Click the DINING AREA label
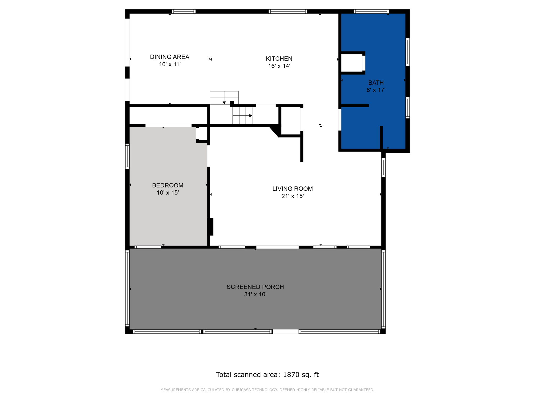pos(170,57)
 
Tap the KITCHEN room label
pos(279,59)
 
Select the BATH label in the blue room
pos(376,83)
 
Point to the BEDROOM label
pos(168,185)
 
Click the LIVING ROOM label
pos(292,189)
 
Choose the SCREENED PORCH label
pos(255,287)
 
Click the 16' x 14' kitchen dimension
pos(279,66)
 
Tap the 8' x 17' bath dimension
pos(376,90)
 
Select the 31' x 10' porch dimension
pos(255,294)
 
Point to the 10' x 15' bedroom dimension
pos(168,193)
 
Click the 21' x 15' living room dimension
pos(292,196)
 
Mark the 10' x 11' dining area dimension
pos(170,64)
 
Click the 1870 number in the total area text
pos(291,375)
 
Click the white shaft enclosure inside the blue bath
pos(352,63)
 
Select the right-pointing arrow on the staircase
pos(250,116)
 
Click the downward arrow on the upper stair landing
pos(224,103)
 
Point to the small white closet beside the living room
pos(290,121)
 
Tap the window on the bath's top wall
pos(371,11)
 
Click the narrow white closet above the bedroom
pos(168,115)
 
